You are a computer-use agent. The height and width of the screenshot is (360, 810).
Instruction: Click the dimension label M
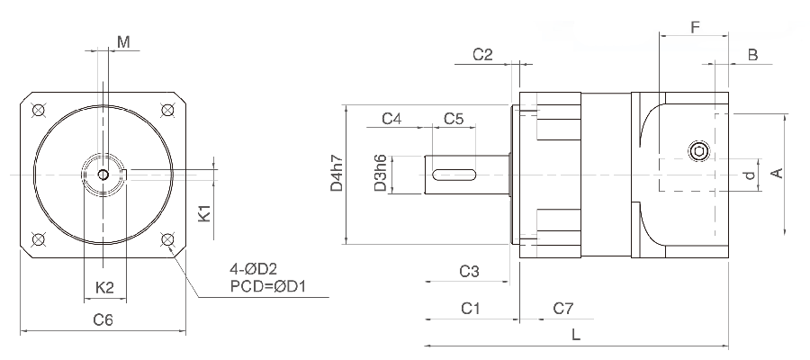point(123,41)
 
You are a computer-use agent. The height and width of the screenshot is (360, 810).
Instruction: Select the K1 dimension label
point(204,214)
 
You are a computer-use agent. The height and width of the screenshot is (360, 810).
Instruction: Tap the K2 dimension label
point(104,287)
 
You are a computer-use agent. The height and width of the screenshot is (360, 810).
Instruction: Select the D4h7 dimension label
point(337,174)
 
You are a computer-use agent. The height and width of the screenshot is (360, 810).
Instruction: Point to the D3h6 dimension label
point(381,173)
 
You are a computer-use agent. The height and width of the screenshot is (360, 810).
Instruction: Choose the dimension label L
point(576,334)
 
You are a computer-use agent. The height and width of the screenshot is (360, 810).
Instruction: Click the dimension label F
point(695,27)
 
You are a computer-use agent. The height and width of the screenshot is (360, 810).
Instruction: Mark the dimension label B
point(752,55)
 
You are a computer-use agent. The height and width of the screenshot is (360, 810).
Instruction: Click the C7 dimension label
point(562,309)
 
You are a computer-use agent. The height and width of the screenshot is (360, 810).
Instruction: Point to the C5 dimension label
point(454,119)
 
